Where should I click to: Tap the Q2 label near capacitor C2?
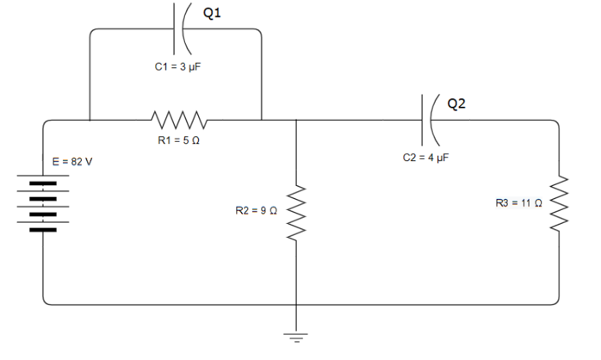pos(456,103)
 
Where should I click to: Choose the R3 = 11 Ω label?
pos(519,203)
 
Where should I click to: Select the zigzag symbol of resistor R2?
pos(296,211)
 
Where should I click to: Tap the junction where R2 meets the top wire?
pos(296,121)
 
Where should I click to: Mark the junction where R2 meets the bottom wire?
pos(296,304)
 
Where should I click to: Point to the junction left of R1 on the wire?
pos(90,121)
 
